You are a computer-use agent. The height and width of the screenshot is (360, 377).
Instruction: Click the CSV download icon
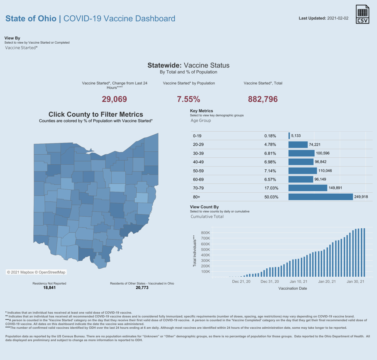(x=362, y=14)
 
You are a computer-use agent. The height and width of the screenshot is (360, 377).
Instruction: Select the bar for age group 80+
(x=320, y=197)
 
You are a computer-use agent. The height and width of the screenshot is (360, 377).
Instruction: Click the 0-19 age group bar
(x=289, y=136)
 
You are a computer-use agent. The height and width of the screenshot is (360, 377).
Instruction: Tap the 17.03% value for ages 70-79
(x=271, y=188)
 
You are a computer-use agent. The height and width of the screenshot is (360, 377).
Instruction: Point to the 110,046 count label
(x=325, y=171)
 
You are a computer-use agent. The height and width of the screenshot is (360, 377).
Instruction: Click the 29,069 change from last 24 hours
(x=114, y=99)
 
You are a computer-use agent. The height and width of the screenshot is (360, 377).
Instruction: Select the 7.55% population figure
(x=188, y=99)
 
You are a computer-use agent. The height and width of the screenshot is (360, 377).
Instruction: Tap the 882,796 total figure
(x=263, y=99)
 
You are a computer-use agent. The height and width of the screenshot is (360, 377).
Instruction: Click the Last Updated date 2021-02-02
(x=338, y=18)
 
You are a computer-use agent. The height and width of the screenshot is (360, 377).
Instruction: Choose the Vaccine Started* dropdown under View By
(x=22, y=48)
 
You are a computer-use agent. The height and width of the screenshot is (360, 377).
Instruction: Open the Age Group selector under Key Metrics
(x=201, y=120)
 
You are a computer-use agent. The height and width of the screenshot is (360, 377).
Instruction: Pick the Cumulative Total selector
(x=207, y=217)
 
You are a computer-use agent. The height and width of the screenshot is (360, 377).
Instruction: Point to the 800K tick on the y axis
(x=205, y=233)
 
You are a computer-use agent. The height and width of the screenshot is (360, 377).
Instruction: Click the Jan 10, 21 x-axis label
(x=298, y=281)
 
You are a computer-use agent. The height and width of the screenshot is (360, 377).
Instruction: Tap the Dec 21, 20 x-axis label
(x=241, y=281)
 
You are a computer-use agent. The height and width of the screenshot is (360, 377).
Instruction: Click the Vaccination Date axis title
(x=292, y=288)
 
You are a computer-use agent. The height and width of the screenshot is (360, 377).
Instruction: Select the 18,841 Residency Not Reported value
(x=49, y=288)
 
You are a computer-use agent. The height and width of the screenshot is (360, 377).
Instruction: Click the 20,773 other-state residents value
(x=142, y=288)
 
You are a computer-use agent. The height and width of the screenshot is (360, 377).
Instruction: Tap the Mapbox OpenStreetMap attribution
(x=36, y=272)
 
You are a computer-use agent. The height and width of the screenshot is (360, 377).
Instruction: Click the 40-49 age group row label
(x=198, y=162)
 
